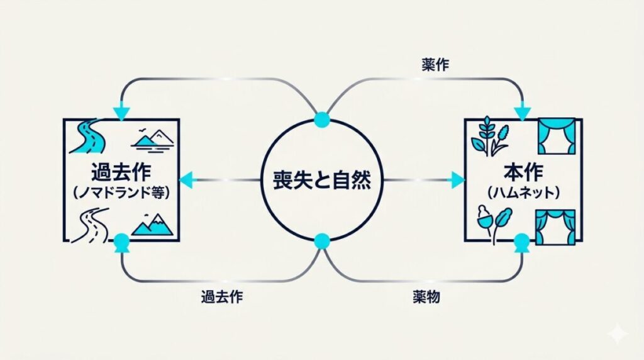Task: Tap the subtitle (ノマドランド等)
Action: (121, 193)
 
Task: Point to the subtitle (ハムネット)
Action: (524, 193)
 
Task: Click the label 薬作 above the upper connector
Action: (435, 65)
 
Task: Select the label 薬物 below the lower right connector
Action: (427, 296)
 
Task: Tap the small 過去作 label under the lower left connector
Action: (222, 296)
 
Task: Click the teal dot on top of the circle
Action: (321, 120)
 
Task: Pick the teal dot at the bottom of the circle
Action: (321, 241)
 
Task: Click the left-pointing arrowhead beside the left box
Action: (186, 180)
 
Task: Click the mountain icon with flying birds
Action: (152, 140)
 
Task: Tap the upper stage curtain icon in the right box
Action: (557, 136)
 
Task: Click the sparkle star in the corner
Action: (618, 334)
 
